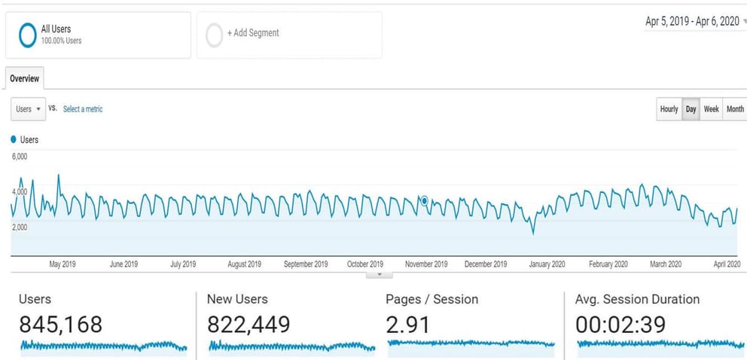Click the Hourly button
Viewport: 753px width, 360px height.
(x=669, y=109)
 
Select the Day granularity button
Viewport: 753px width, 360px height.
(x=691, y=109)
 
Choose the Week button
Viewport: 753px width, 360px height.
(x=712, y=109)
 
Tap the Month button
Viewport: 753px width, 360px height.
(x=735, y=109)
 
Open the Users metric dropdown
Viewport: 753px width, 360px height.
(x=29, y=109)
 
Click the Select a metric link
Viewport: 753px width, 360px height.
(x=83, y=109)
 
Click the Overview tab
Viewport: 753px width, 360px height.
(x=25, y=78)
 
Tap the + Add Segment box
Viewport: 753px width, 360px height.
(x=289, y=34)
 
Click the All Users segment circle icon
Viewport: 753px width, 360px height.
(x=28, y=35)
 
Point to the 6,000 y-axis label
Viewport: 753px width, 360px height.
(x=20, y=157)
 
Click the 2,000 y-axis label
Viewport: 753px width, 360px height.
(x=20, y=227)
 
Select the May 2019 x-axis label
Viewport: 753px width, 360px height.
(x=62, y=264)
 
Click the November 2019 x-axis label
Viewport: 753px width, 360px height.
(x=426, y=264)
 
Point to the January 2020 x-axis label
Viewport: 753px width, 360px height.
(x=547, y=264)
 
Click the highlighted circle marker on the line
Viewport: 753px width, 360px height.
(x=425, y=201)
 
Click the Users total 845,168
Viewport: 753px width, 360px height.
(x=60, y=325)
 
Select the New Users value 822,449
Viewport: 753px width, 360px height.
(x=248, y=325)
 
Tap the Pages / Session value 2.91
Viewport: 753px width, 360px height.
(x=407, y=325)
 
